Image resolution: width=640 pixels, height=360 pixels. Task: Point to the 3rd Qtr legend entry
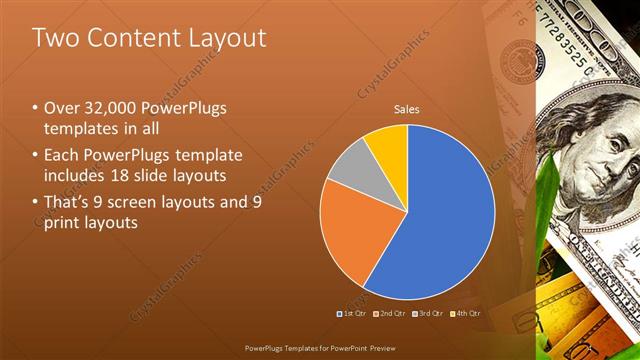click(427, 313)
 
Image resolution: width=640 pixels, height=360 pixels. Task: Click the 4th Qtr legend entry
click(465, 313)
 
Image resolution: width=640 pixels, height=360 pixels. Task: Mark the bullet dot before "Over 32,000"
click(35, 108)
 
